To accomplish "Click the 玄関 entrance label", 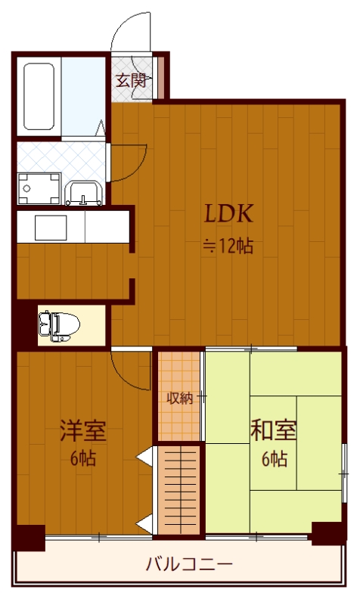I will pos(130,79).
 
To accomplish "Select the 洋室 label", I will pos(82,432).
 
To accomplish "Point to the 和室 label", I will pos(274,432).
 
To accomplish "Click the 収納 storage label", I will pos(179,398).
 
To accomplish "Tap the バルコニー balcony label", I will pos(188,564).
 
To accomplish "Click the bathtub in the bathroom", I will pos(39,97).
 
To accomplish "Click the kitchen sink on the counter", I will pos(41,226).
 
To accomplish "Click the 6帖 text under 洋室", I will pos(83,458).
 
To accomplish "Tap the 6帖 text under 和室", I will pos(274,458).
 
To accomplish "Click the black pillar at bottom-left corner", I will pos(29,538).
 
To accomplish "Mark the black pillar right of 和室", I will pos(328,532).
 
